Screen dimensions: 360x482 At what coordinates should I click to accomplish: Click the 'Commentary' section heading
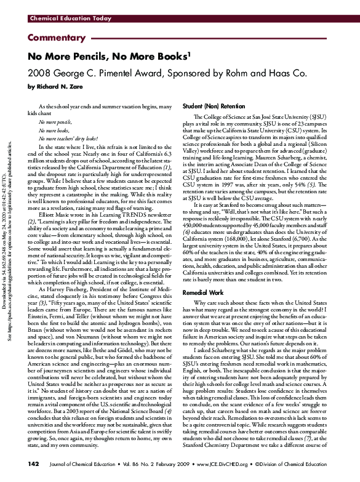tap(54, 38)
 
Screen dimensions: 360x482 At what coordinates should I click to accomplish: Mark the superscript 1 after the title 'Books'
tap(187, 53)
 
